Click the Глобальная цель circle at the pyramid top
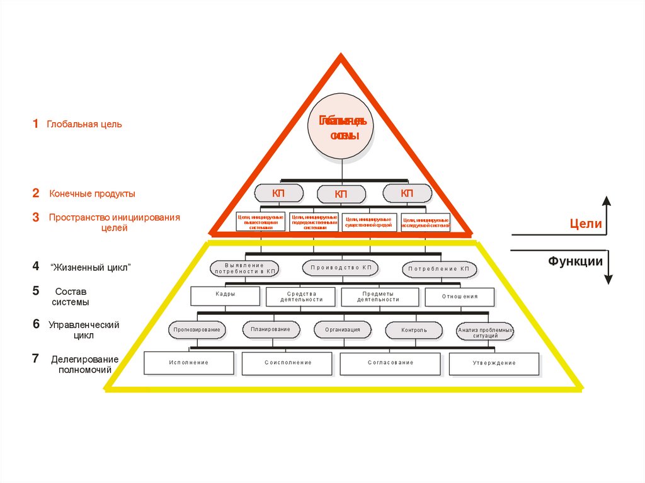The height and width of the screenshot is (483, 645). point(341,126)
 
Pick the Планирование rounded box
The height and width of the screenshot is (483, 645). point(270,329)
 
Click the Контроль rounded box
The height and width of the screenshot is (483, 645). point(414,330)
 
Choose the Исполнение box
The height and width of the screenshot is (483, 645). point(188,363)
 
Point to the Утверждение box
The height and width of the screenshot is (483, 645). point(494,363)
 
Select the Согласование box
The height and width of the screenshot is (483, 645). point(391,363)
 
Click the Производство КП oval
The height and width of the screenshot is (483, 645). point(341,268)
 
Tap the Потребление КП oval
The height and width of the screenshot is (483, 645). point(438,269)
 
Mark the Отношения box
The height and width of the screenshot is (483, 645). point(459,297)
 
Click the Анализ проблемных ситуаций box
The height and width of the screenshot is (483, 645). point(485,332)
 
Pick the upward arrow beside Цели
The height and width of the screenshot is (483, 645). point(607,215)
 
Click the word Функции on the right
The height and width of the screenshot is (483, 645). point(575,261)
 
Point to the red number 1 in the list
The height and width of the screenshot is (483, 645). point(36,123)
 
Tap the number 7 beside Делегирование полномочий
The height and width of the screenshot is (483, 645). point(36,359)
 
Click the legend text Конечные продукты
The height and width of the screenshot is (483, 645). point(93,194)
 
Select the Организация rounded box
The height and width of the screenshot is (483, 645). point(343,330)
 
